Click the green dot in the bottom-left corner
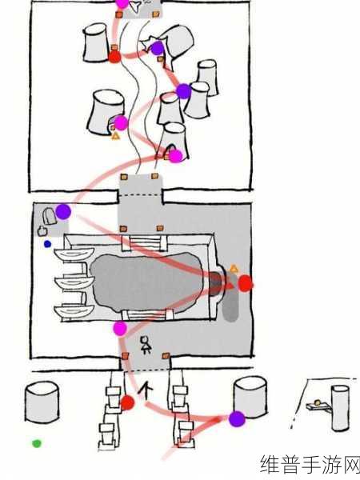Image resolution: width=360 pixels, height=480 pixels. tap(37, 443)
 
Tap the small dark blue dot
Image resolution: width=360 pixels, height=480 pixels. tap(47, 244)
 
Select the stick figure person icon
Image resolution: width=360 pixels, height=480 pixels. tap(146, 345)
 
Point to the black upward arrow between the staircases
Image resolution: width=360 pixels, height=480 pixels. tap(146, 390)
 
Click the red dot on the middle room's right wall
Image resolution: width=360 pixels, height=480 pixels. tap(246, 283)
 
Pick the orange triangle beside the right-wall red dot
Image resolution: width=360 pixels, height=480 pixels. tap(234, 269)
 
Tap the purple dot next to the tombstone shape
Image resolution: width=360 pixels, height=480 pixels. tap(63, 211)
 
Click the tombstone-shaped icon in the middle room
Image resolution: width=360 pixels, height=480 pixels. tap(50, 216)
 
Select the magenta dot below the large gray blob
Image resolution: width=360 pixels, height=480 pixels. tap(120, 329)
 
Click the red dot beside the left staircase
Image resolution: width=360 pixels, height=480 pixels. tap(127, 403)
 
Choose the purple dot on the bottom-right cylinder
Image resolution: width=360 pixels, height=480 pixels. tap(237, 419)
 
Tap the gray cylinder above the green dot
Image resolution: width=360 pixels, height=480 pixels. tap(42, 402)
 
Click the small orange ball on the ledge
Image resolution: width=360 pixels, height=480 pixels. tap(318, 402)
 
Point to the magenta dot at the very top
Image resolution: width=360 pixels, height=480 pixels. tap(122, 3)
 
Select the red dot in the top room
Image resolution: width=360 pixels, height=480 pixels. tap(114, 57)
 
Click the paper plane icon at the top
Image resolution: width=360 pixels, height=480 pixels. tap(134, 6)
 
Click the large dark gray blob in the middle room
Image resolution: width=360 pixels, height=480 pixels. tap(146, 282)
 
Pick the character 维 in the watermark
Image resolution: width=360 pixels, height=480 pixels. tap(270, 464)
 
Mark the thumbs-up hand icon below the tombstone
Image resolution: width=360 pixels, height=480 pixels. tap(42, 230)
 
